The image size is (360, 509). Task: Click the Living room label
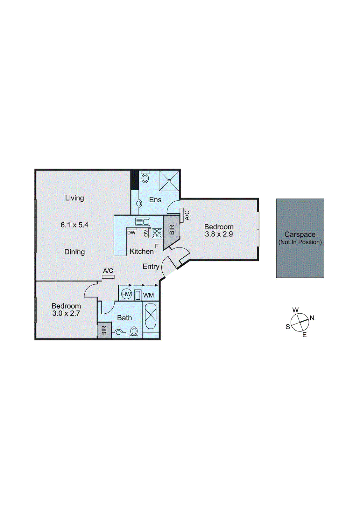[74, 198]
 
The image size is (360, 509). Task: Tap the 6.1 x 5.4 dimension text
[74, 225]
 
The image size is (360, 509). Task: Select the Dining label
[74, 252]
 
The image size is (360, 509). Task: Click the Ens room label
[155, 200]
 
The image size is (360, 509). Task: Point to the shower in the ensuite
[169, 181]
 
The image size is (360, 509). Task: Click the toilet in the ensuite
[145, 177]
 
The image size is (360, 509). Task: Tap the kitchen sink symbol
[143, 221]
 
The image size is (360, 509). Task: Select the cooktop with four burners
[157, 233]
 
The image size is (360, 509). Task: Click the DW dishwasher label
[131, 233]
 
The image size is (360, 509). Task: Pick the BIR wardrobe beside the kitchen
[172, 230]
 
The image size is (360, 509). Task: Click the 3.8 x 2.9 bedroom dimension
[219, 234]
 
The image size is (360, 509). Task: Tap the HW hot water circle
[127, 294]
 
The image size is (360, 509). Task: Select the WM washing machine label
[148, 296]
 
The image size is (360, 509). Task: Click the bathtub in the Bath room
[151, 317]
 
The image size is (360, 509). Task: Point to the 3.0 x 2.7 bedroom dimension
[66, 313]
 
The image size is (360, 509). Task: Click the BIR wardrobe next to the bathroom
[104, 330]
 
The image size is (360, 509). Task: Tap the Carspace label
[300, 234]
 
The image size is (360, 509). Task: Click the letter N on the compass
[312, 318]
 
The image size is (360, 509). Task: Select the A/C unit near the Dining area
[108, 276]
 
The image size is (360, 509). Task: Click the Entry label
[151, 267]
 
